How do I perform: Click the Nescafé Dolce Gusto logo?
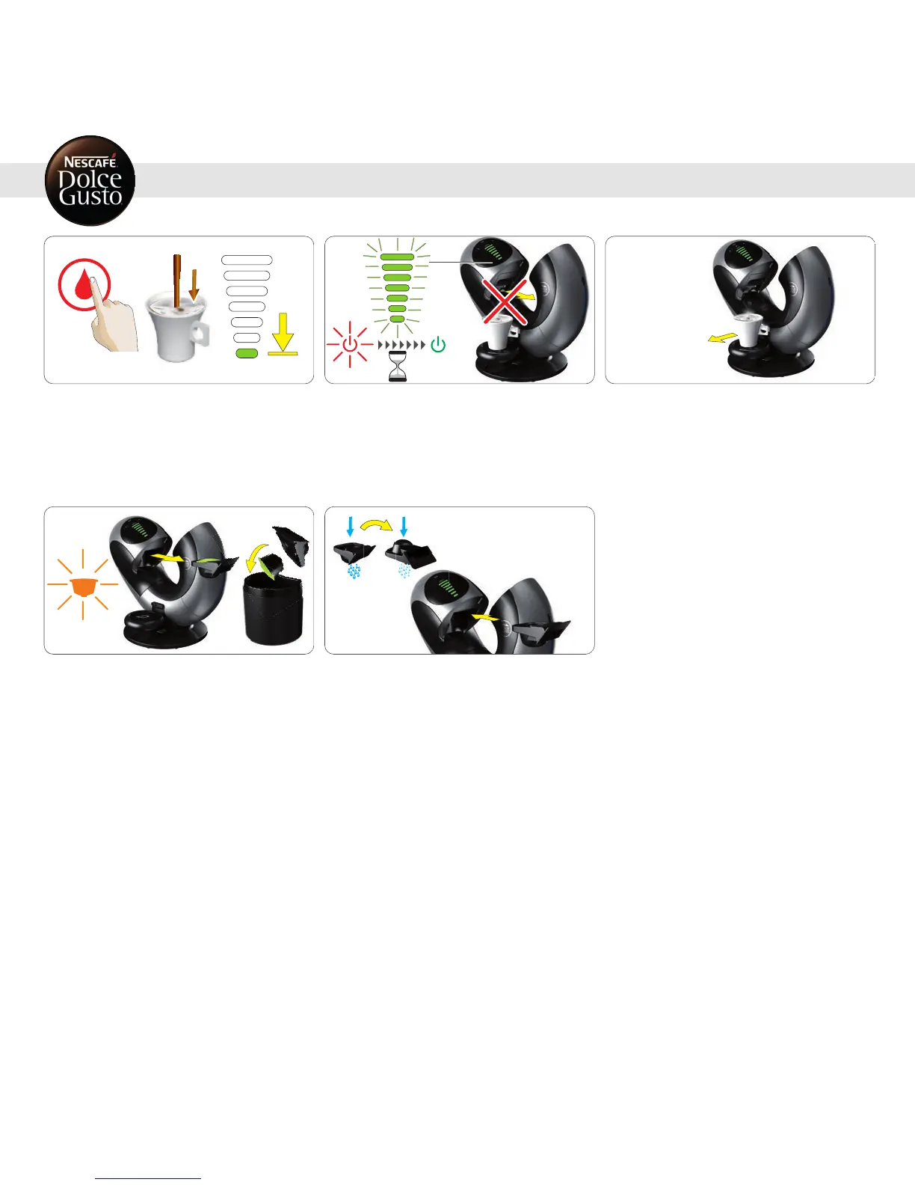[x=90, y=180]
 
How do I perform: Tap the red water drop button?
[x=84, y=285]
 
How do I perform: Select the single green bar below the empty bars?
[x=247, y=353]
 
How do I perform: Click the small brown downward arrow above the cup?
[x=194, y=284]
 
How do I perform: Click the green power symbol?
[x=438, y=345]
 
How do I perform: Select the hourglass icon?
[x=398, y=367]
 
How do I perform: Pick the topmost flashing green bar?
[x=397, y=257]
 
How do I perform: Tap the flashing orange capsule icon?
[x=83, y=584]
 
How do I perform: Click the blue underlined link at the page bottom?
[x=149, y=1178]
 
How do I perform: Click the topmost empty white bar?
[x=247, y=260]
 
